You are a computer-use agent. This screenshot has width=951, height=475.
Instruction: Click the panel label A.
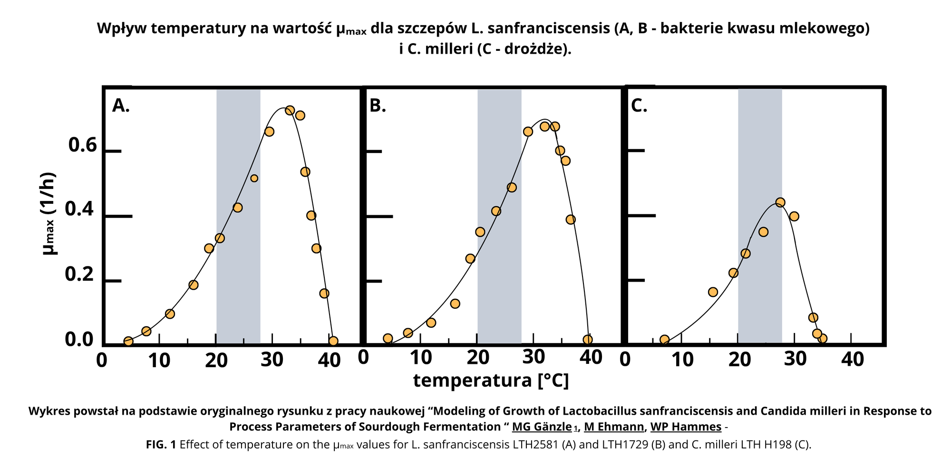click(x=121, y=106)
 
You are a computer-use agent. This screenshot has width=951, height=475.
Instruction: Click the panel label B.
click(x=378, y=106)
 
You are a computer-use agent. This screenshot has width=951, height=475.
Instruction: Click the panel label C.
click(x=639, y=106)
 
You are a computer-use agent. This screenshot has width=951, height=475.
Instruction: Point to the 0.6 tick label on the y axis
click(x=83, y=145)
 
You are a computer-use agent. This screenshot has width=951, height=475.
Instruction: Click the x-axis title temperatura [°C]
click(x=491, y=380)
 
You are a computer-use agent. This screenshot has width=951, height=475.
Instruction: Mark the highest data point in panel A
click(x=290, y=111)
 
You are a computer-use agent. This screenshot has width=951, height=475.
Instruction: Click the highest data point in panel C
click(x=780, y=202)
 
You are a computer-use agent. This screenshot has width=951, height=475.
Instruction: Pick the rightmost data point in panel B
click(x=588, y=340)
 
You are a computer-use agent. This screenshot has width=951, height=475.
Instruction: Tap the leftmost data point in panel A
click(x=128, y=341)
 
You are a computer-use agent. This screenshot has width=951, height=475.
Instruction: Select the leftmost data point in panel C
click(x=664, y=340)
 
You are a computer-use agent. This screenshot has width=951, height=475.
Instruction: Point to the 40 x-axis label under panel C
click(x=853, y=360)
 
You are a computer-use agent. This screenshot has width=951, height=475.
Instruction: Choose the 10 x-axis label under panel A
click(x=159, y=361)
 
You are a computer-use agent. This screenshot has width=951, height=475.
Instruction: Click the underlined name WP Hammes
click(x=686, y=427)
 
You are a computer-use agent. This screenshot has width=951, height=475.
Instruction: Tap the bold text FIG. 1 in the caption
click(x=161, y=445)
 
